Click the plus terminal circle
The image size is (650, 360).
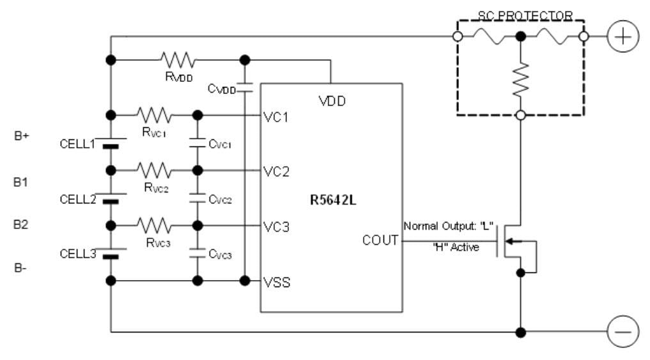(x=622, y=37)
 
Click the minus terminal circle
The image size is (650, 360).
(x=622, y=333)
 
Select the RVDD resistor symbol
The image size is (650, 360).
(x=177, y=61)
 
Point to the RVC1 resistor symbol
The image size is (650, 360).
(x=153, y=116)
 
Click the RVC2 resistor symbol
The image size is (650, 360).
(x=153, y=171)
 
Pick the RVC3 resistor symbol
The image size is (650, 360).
(x=153, y=226)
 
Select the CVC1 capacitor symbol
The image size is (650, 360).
(x=198, y=143)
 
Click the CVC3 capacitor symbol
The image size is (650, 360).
(x=198, y=253)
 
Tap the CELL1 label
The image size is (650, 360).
(x=77, y=144)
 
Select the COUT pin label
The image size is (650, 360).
(x=380, y=241)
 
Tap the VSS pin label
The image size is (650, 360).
(x=277, y=281)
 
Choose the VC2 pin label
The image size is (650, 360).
(x=277, y=172)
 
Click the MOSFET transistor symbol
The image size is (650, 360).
(x=511, y=242)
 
